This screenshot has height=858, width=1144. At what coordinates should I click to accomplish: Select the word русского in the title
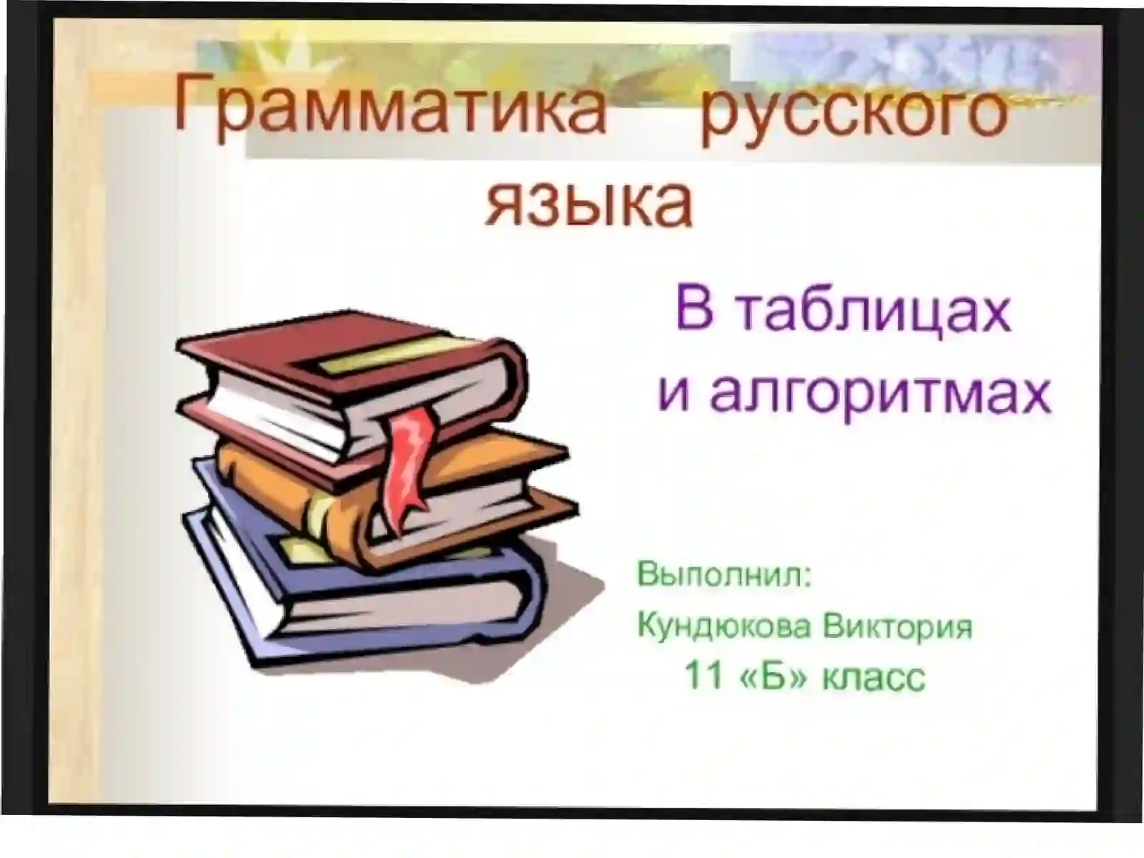(x=854, y=114)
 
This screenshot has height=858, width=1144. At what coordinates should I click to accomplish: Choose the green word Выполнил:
(x=724, y=575)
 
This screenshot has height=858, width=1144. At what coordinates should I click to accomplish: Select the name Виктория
(x=897, y=626)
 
